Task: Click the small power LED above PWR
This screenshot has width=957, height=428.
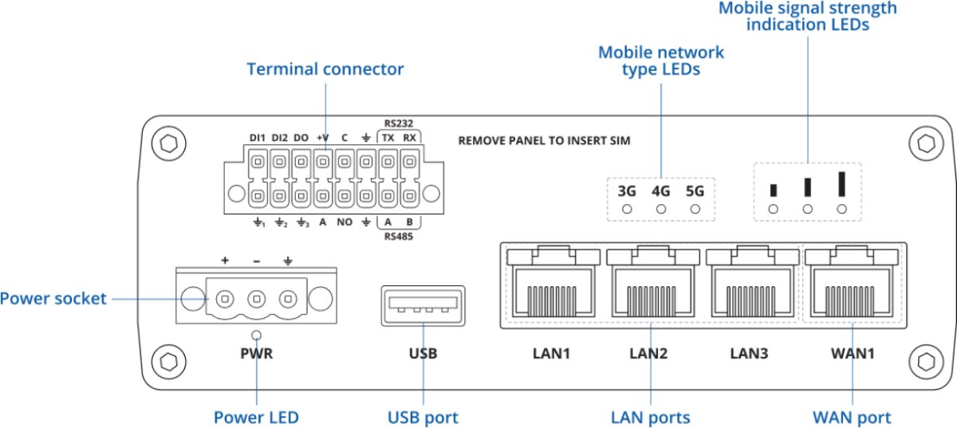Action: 257,336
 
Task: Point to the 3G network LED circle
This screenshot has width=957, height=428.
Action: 627,209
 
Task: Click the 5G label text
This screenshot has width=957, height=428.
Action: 695,191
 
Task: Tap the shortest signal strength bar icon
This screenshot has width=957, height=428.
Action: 773,190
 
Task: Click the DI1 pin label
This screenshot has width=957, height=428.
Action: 257,137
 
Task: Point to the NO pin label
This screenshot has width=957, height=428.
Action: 345,222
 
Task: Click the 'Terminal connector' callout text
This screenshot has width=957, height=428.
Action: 325,69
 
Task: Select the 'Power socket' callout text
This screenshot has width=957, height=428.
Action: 53,299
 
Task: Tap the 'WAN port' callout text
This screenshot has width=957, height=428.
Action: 852,417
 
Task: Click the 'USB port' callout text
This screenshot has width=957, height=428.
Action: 423,417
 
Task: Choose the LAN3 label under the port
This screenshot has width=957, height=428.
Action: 750,352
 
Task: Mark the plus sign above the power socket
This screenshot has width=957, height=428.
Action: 225,261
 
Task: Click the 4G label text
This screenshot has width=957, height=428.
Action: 660,191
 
